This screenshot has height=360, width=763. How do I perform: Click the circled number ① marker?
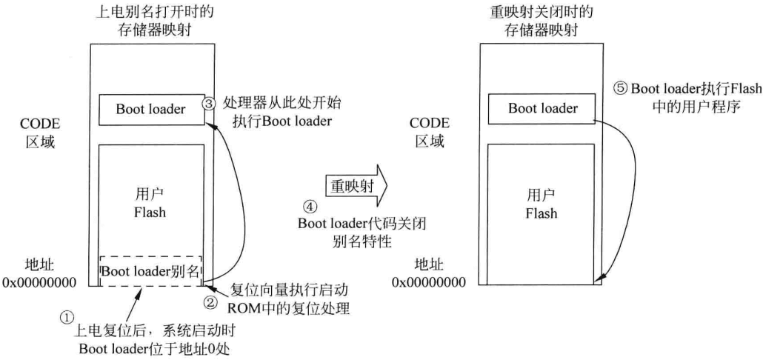64,316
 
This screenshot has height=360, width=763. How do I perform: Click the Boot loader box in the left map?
150,110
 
